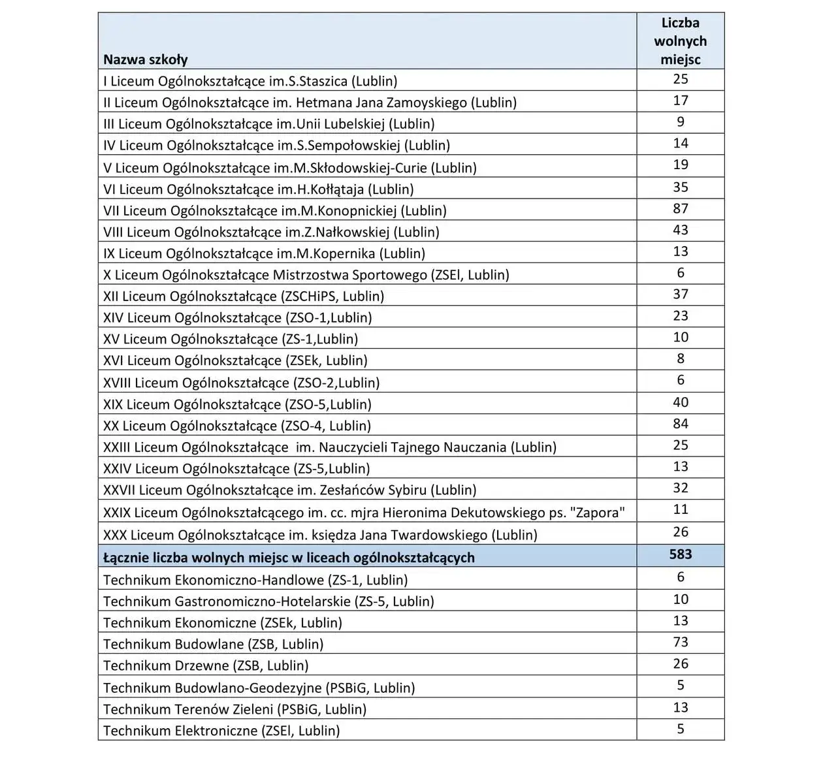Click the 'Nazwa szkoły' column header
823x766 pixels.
pyautogui.click(x=146, y=59)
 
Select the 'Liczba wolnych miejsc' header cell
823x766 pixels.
pyautogui.click(x=680, y=41)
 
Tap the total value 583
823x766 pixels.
pyautogui.click(x=680, y=554)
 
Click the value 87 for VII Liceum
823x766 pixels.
pyautogui.click(x=680, y=209)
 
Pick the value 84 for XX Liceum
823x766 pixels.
pyautogui.click(x=680, y=424)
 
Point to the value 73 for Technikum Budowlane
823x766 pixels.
pyautogui.click(x=680, y=642)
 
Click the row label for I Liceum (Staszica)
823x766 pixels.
pyautogui.click(x=250, y=81)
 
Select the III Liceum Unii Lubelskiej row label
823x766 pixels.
pyautogui.click(x=268, y=124)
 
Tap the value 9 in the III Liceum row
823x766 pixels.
pyautogui.click(x=680, y=122)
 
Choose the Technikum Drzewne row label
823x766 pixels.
pyautogui.click(x=206, y=665)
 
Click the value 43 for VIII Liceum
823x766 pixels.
pyautogui.click(x=680, y=231)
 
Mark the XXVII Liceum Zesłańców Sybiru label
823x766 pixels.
pyautogui.click(x=289, y=490)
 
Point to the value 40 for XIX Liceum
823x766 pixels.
pyautogui.click(x=680, y=402)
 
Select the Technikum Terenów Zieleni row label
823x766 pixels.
pyautogui.click(x=234, y=709)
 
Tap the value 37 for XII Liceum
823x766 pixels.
pyautogui.click(x=680, y=295)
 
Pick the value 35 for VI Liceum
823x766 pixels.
pyautogui.click(x=680, y=187)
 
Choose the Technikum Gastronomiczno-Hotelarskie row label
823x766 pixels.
pyautogui.click(x=268, y=601)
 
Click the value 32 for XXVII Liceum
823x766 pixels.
pyautogui.click(x=680, y=488)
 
